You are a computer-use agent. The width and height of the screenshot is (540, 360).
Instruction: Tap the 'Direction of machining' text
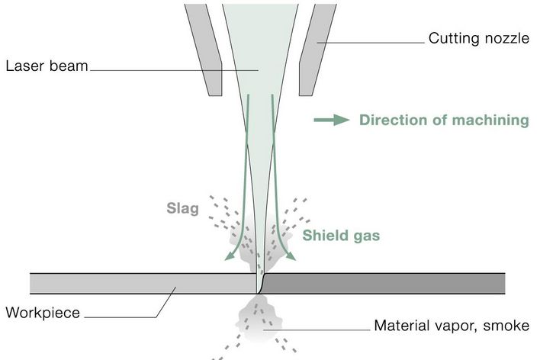(444, 120)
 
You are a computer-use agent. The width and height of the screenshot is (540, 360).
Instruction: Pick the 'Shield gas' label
(341, 236)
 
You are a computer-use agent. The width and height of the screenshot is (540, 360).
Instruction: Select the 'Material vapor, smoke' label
(451, 326)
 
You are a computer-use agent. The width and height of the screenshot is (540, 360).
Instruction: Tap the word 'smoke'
(506, 326)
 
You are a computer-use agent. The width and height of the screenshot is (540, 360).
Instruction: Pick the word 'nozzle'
(506, 37)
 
